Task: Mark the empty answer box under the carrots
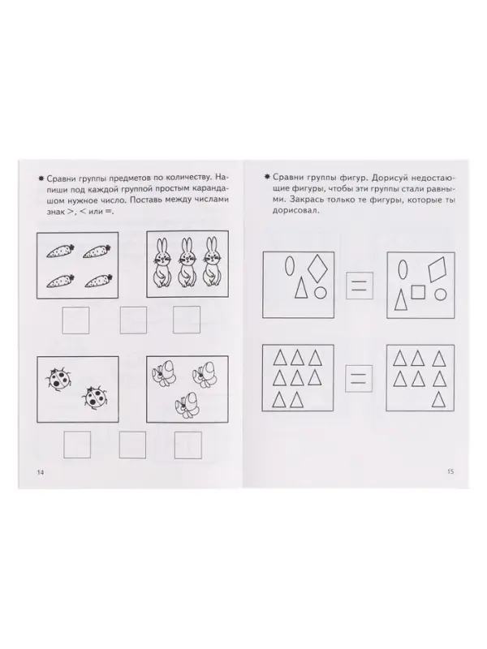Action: pyautogui.click(x=75, y=320)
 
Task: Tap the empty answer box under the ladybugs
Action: pyautogui.click(x=75, y=444)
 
